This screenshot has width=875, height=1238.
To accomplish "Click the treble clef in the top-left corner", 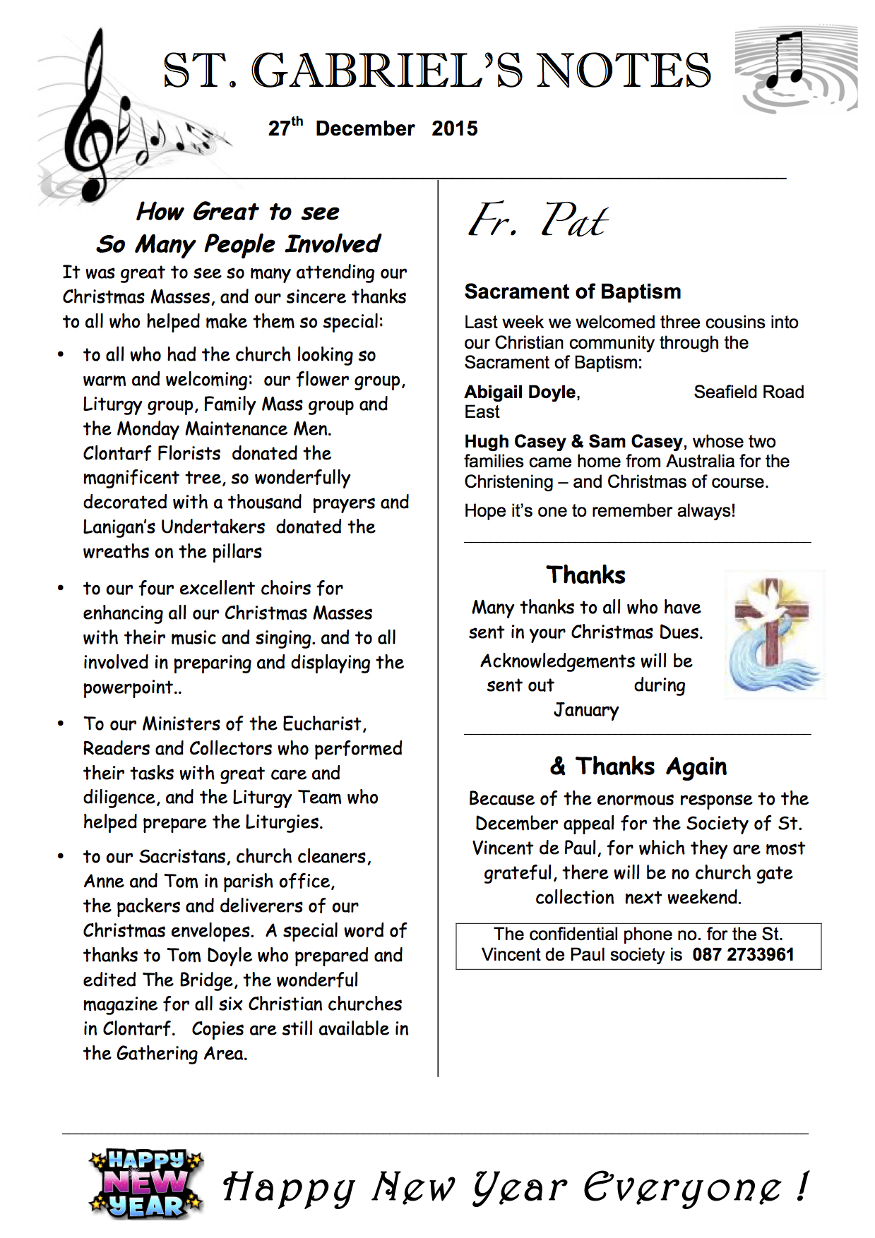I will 92,120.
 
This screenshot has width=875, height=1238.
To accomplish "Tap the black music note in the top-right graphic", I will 787,60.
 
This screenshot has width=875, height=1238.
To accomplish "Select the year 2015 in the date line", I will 455,128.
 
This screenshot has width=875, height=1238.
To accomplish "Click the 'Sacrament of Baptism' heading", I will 573,292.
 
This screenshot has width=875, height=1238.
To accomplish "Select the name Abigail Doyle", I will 520,392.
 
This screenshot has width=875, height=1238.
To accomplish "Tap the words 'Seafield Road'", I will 749,392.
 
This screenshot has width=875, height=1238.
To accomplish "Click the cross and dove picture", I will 774,635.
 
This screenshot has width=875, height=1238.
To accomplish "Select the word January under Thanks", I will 586,709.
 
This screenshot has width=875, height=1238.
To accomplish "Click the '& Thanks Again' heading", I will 638,766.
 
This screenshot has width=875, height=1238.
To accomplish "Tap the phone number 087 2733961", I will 743,955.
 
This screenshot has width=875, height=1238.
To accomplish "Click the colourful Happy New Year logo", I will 146,1184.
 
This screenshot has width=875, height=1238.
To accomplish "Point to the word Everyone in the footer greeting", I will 681,1187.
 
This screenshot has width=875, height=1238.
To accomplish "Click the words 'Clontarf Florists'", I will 152,453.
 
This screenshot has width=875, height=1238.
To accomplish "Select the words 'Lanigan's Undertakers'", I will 174,527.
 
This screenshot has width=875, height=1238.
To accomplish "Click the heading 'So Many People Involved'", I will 238,244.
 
